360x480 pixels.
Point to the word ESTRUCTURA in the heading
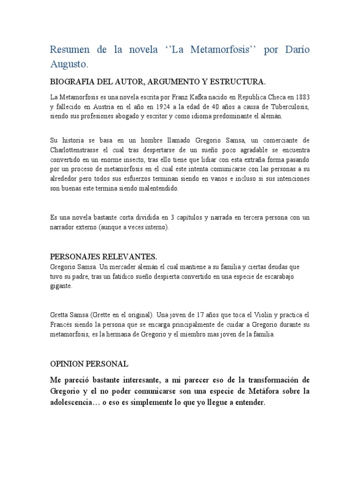237,82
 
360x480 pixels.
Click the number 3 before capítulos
172,217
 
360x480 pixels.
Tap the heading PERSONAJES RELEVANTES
104,257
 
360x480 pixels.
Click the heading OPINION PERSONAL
89,364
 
